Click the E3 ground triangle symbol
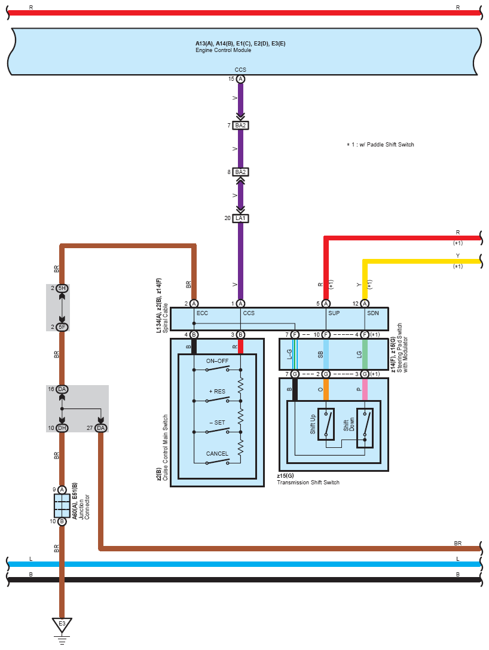click(x=62, y=625)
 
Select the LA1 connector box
click(x=240, y=218)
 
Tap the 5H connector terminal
click(x=62, y=288)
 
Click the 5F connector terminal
click(x=62, y=327)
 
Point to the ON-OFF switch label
click(x=217, y=361)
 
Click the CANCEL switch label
click(x=217, y=453)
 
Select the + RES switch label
click(x=217, y=391)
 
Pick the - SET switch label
click(x=217, y=422)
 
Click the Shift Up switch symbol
click(x=326, y=424)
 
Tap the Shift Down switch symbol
click(x=365, y=428)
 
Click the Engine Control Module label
click(x=224, y=50)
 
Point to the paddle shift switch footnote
click(x=380, y=145)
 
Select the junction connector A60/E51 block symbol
click(x=62, y=506)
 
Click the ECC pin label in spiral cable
click(x=202, y=313)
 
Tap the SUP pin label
click(x=334, y=313)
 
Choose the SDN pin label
click(x=373, y=313)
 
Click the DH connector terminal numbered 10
click(x=62, y=428)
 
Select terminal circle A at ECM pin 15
click(x=240, y=79)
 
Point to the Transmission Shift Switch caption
click(x=308, y=483)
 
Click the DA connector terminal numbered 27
click(x=100, y=428)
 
